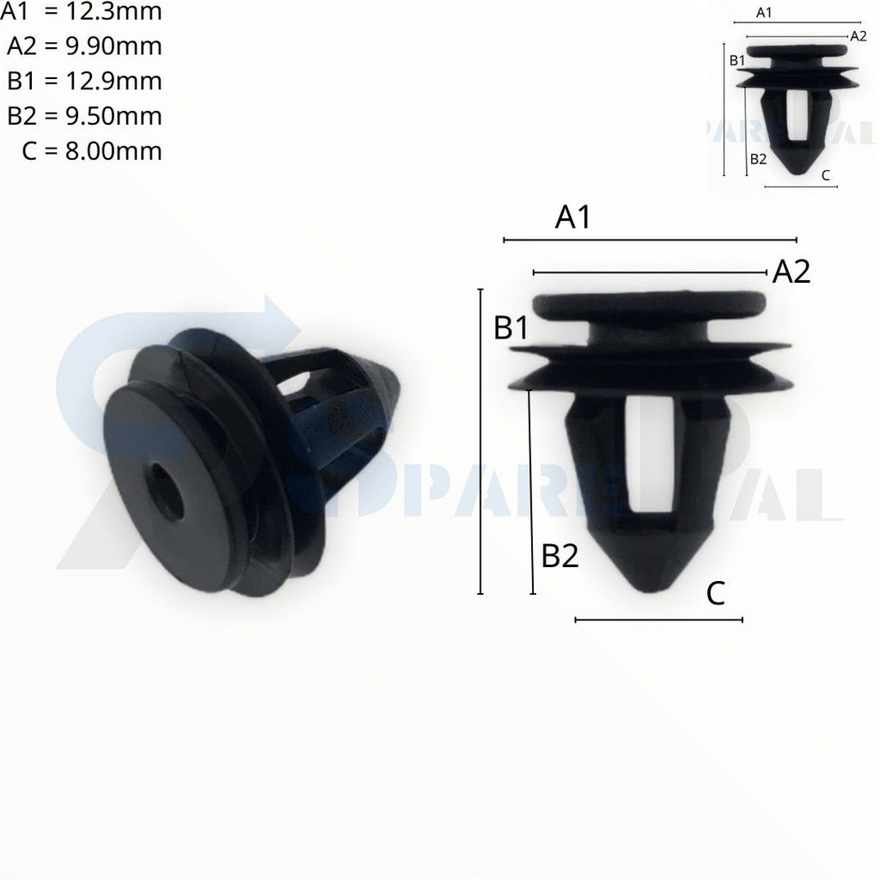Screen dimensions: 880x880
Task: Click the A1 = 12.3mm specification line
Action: (82, 12)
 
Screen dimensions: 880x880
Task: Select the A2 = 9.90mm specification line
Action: (84, 46)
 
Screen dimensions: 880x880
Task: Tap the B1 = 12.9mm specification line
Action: (84, 81)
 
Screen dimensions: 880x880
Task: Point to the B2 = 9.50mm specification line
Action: (84, 116)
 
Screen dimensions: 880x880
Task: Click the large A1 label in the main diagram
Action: (573, 218)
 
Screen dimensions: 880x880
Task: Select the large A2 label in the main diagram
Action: (791, 272)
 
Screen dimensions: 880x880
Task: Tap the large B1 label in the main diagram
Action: (511, 327)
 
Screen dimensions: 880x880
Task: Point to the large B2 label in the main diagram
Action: (559, 557)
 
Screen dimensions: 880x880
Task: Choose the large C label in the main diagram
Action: (717, 592)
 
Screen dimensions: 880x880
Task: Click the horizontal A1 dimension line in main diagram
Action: (651, 241)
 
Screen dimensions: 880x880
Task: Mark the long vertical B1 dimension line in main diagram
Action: (480, 442)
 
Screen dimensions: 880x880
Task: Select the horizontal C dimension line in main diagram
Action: (658, 619)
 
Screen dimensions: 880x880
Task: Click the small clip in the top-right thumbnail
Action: (797, 107)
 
